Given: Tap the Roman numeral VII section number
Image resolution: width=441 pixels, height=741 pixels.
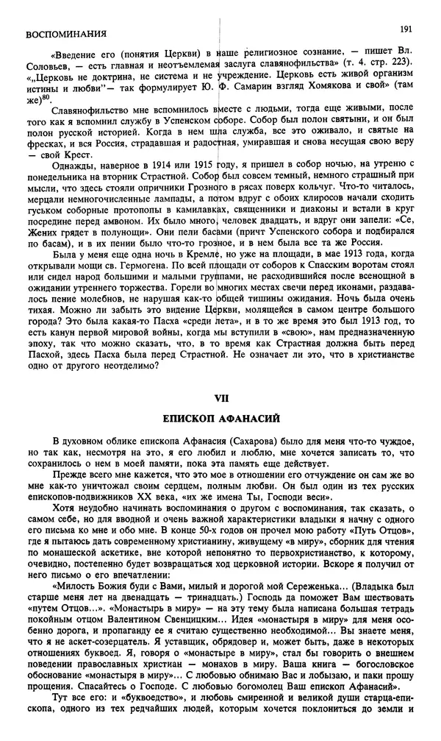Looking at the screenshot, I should coord(220,397).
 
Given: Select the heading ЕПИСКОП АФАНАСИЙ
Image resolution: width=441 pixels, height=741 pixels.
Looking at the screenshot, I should coord(220,419).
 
